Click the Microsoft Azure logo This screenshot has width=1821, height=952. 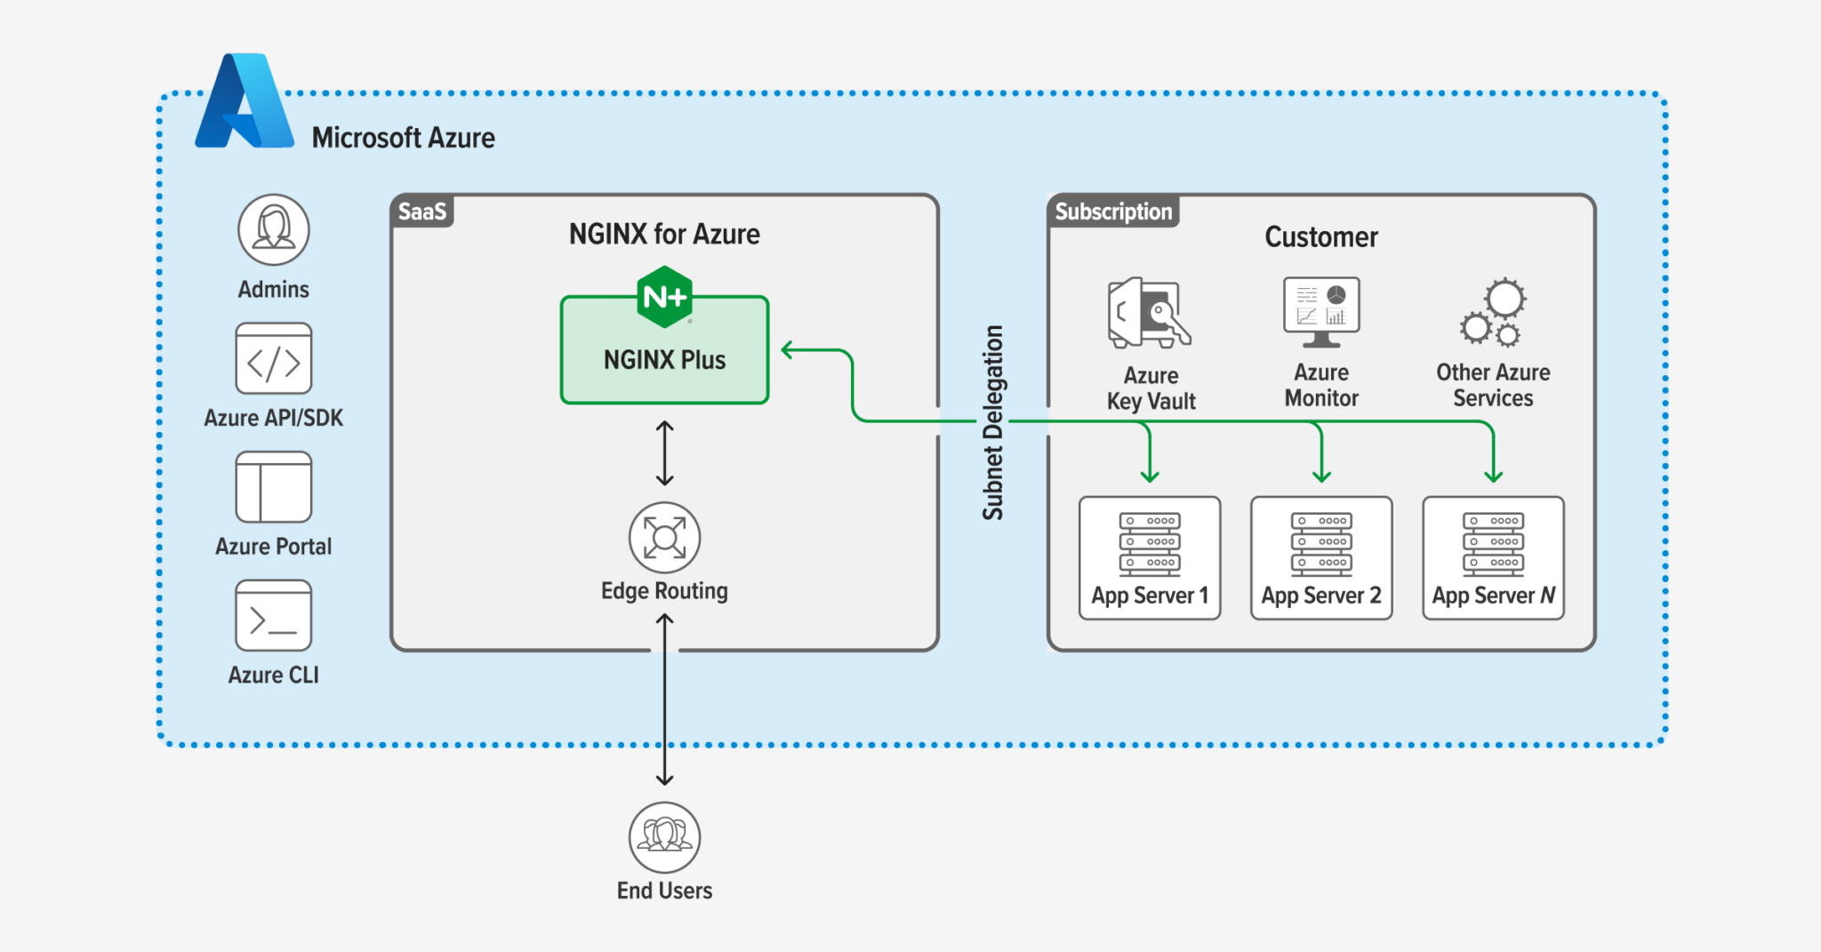point(245,100)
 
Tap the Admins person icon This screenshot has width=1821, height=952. point(274,229)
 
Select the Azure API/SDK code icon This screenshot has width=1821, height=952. point(274,358)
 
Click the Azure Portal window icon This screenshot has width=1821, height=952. point(274,487)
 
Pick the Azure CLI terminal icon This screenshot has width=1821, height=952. point(274,616)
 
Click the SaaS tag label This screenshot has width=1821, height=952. point(422,212)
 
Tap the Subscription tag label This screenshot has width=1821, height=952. point(1114,212)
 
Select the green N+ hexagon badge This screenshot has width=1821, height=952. point(665,297)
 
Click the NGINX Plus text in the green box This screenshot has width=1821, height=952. point(665,360)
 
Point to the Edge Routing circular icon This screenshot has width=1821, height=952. point(665,538)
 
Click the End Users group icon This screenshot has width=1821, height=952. point(665,837)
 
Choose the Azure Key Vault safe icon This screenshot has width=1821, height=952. point(1150,313)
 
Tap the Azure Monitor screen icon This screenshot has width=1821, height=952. point(1321,311)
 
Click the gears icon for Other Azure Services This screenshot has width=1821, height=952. point(1494,313)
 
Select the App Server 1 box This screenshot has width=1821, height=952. point(1150,558)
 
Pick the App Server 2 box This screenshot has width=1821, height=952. point(1321,558)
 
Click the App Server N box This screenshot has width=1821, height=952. point(1494,558)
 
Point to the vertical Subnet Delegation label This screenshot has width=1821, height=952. point(993,422)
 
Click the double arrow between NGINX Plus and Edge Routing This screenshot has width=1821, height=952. point(665,453)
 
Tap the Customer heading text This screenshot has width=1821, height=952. point(1321,237)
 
